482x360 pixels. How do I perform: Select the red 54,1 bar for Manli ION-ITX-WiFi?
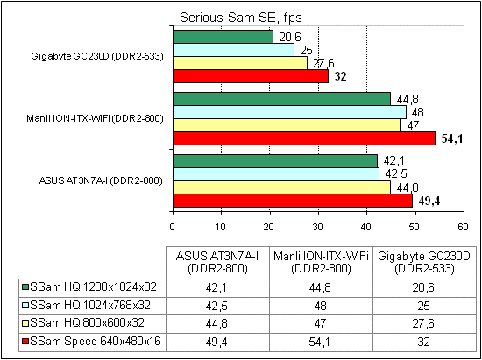coord(303,138)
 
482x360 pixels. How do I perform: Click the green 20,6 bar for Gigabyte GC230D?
coord(223,37)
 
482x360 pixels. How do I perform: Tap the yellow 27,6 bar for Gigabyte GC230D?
coord(239,63)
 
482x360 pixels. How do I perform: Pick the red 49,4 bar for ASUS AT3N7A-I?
coord(292,200)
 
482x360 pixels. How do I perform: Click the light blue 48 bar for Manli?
coord(289,112)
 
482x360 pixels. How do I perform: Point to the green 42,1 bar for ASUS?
coord(274,160)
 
